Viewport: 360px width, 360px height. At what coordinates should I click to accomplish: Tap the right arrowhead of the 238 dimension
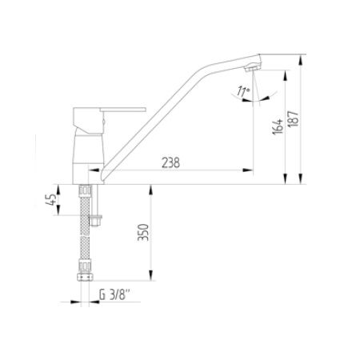pyautogui.click(x=250, y=170)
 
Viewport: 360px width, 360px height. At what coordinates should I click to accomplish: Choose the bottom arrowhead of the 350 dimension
pyautogui.click(x=150, y=281)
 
